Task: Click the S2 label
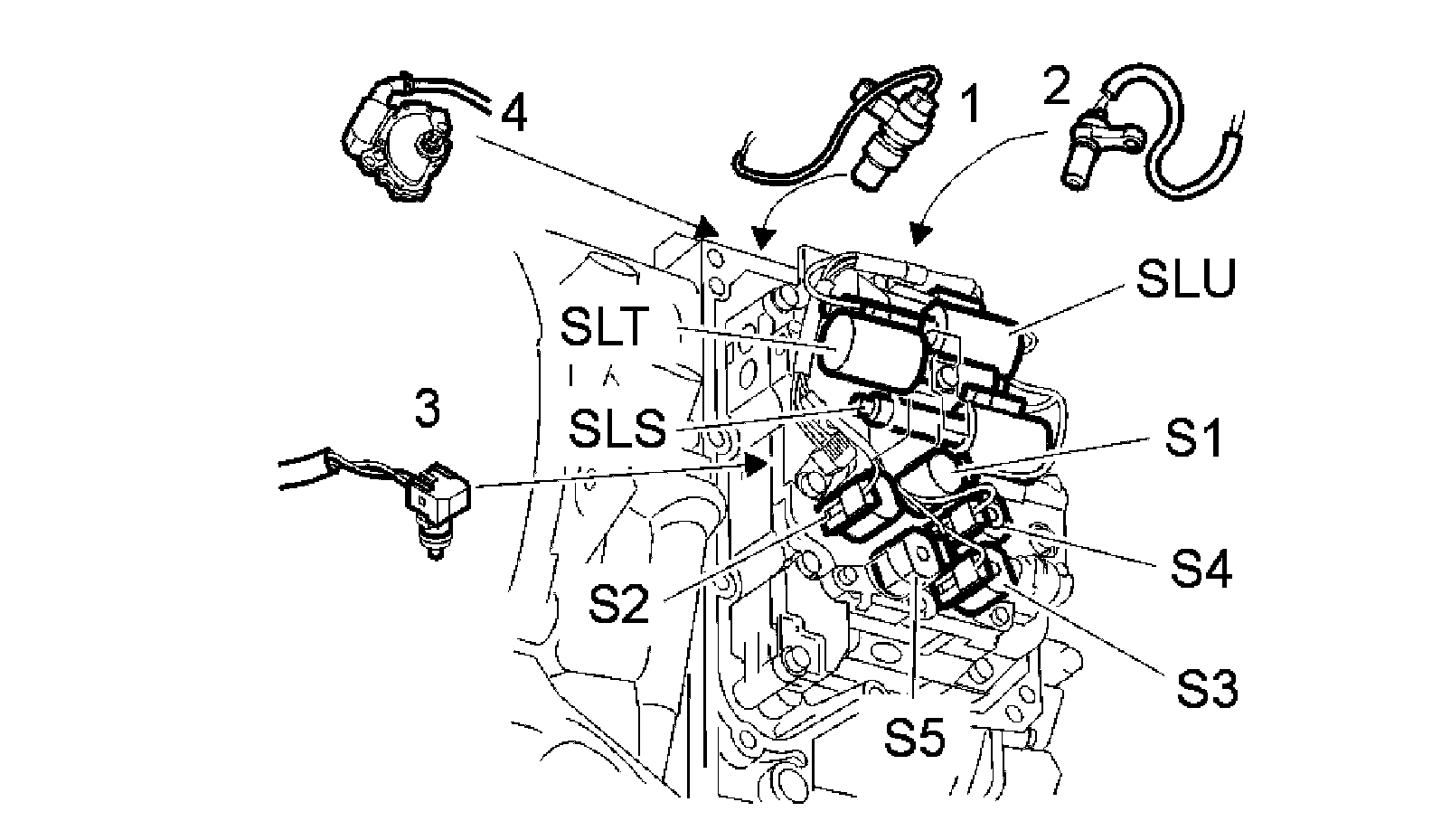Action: coord(618,604)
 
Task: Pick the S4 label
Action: coord(1201,569)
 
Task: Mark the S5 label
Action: coord(914,738)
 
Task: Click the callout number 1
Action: coord(969,105)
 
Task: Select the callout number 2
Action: coord(1055,87)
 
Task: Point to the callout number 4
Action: coord(513,115)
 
